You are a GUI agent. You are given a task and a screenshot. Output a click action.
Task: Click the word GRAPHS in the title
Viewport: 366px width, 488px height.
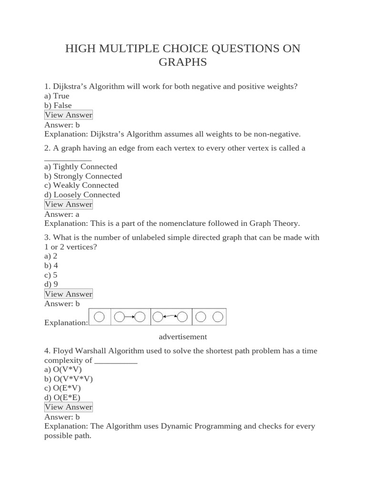[x=183, y=62]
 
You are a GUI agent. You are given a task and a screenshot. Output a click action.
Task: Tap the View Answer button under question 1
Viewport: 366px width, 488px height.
[x=68, y=115]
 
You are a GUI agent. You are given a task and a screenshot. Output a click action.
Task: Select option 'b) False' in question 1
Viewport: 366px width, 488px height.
[x=58, y=105]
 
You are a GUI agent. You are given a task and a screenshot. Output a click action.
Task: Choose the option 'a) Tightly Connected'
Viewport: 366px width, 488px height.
[x=81, y=166]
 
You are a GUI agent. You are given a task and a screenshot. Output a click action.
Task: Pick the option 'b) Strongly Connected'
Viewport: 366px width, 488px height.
[x=83, y=176]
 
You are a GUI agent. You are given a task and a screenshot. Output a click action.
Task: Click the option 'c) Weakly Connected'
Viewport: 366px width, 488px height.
[x=81, y=185]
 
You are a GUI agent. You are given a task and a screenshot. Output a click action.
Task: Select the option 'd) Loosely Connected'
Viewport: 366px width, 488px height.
[x=82, y=194]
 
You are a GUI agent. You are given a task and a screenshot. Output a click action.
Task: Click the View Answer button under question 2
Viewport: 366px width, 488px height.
[x=68, y=204]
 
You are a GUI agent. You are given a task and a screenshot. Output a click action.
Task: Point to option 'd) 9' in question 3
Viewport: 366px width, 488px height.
[x=51, y=284]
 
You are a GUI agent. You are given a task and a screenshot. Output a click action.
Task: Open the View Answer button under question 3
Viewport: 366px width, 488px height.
[x=68, y=294]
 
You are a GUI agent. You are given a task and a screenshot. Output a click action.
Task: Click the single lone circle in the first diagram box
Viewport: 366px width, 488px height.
[x=99, y=316]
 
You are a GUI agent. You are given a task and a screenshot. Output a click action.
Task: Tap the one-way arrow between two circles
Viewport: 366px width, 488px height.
[x=129, y=316]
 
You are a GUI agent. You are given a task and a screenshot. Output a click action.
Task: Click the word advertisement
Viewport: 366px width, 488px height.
[x=183, y=336]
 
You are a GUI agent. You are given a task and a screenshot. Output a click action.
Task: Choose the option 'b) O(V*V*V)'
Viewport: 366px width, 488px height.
[x=69, y=379]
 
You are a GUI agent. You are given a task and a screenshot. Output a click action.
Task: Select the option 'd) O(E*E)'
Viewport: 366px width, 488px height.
[x=62, y=397]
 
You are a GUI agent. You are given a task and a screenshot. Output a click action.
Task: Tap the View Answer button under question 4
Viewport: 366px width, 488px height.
[x=68, y=407]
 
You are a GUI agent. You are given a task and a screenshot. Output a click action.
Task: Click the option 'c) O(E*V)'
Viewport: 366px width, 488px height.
[x=62, y=388]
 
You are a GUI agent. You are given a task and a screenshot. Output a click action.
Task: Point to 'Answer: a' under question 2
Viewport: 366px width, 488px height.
[x=61, y=214]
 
